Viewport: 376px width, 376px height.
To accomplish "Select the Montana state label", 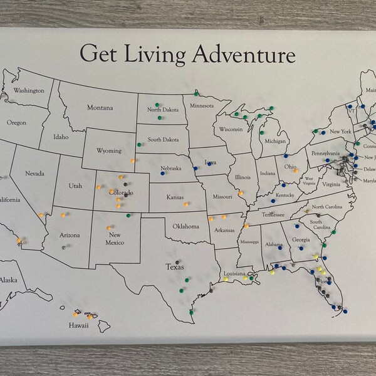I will pos(100,108).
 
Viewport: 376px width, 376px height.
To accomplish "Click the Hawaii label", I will pos(79,325).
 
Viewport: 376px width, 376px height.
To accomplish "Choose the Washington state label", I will pos(29,90).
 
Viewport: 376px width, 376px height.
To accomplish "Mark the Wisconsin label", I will pos(231,130).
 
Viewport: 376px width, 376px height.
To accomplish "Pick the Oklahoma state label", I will pos(187,226).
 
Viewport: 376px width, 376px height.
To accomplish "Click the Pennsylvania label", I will pos(326,153).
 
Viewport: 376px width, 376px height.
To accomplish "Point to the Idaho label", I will pos(61,137).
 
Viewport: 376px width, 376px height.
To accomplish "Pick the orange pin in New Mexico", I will pos(111,226).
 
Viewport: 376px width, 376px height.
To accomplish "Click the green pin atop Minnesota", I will pos(196,93).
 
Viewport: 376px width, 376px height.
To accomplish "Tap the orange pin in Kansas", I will pos(185,204).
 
